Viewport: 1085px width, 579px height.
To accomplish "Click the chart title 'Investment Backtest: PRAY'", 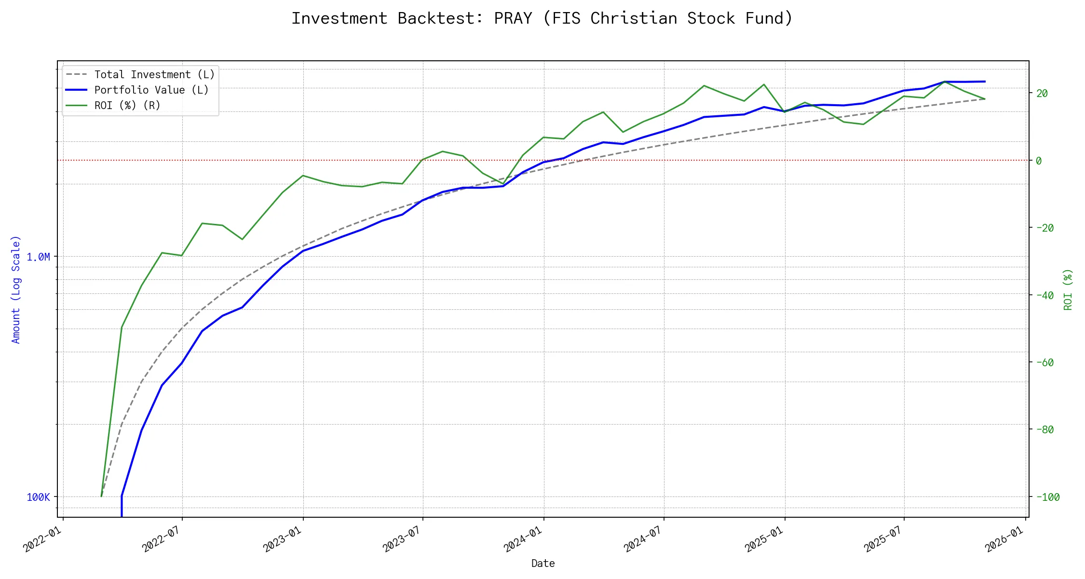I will (542, 18).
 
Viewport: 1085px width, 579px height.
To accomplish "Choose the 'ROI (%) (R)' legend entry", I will (127, 106).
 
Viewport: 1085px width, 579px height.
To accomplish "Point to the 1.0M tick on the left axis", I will (38, 257).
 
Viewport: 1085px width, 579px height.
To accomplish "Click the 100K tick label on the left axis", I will (38, 497).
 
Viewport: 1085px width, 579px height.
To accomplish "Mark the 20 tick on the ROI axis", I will (1042, 94).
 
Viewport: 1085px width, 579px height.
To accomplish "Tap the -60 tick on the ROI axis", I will (1044, 363).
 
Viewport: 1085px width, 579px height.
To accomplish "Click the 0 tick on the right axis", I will (1039, 161).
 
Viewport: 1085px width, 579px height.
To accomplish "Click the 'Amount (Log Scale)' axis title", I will (16, 289).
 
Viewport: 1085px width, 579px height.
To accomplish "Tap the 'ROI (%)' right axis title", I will (1068, 289).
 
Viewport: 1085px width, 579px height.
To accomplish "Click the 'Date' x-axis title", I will (543, 564).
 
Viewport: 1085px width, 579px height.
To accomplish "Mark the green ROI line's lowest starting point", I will (101, 496).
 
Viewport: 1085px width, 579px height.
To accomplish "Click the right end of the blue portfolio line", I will (985, 82).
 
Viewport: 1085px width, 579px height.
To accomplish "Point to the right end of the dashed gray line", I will (985, 99).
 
